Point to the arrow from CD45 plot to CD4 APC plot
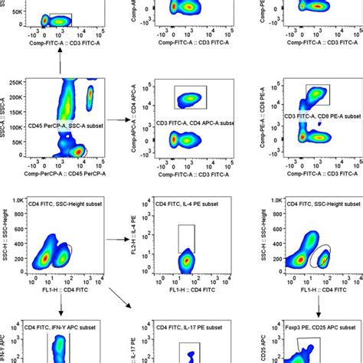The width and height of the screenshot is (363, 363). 116,119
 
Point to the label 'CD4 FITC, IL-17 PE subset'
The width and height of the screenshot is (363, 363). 185,329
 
